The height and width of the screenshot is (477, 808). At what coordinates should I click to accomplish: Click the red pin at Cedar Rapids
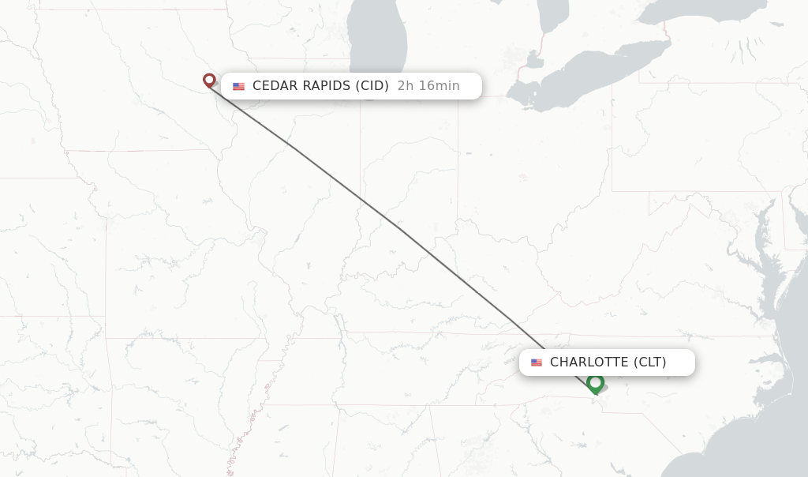[x=209, y=80]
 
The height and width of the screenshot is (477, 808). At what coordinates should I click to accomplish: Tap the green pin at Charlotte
[x=595, y=383]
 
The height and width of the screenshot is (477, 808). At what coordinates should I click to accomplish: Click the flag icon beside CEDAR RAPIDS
[x=238, y=86]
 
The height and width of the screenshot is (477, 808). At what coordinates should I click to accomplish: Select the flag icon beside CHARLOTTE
[x=537, y=362]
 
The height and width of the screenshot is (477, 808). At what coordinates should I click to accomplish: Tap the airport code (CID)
[x=372, y=86]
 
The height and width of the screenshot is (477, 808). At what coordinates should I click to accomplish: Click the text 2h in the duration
[x=405, y=86]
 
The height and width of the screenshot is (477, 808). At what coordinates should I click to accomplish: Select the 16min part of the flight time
[x=439, y=86]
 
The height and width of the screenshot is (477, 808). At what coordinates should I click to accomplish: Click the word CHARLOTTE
[x=589, y=362]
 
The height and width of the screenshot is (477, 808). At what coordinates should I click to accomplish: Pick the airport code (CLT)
[x=649, y=362]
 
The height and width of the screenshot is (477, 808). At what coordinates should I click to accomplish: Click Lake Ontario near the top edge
[x=702, y=12]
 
